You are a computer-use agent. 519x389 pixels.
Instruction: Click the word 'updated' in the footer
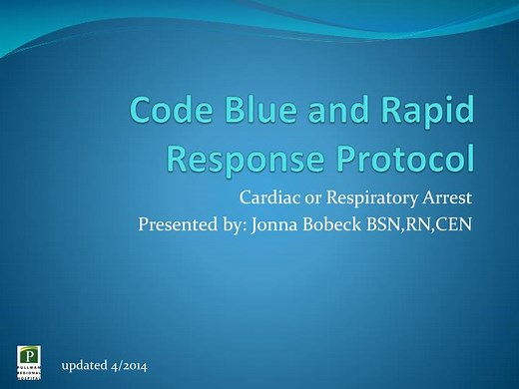(85, 367)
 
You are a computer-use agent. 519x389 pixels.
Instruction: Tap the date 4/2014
(129, 367)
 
